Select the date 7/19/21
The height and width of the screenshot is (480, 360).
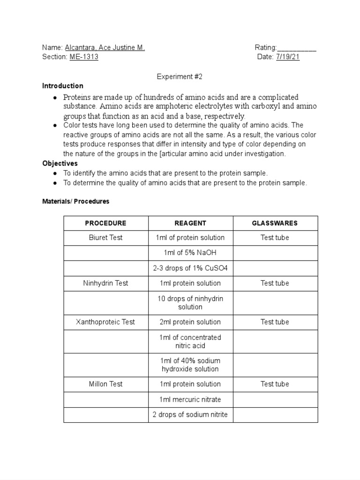pos(288,57)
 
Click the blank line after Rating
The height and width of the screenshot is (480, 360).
pos(297,48)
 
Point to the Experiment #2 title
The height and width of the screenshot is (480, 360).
pos(180,76)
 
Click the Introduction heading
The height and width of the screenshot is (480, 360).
pos(63,86)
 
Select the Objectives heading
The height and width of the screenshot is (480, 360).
pos(60,164)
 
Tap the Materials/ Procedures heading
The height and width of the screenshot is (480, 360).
pos(75,201)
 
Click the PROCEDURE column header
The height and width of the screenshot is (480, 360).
pos(105,223)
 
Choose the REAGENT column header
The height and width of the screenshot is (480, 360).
pos(190,223)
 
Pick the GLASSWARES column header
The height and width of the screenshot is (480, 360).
pos(275,223)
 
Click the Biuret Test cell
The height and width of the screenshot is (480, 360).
pos(105,238)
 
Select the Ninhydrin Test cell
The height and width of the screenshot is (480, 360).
pos(105,283)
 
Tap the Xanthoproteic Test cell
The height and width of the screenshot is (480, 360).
pos(105,322)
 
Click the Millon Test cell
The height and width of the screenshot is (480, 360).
pos(105,384)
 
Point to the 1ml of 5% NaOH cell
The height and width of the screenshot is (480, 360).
pos(190,253)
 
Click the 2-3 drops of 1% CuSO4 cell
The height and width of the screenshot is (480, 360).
pos(190,268)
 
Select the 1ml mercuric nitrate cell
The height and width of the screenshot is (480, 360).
pos(190,399)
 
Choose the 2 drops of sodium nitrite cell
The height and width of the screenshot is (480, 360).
pos(190,414)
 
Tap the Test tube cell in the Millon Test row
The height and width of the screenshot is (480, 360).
pos(275,384)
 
